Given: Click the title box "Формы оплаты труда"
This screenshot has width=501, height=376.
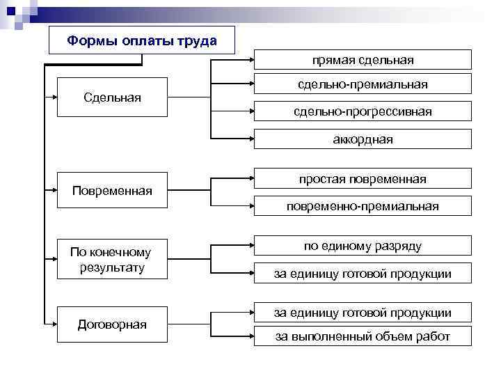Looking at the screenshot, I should click(x=142, y=40).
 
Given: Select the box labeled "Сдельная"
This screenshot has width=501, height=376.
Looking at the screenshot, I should click(x=112, y=97).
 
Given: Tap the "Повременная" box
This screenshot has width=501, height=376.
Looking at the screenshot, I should click(x=112, y=190).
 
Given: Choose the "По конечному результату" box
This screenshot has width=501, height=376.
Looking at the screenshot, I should click(x=112, y=259).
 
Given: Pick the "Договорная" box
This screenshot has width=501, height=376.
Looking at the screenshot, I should click(x=112, y=324).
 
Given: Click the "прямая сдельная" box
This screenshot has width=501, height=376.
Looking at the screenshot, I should click(x=363, y=60).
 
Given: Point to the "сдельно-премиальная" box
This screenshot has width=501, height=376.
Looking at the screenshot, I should click(x=363, y=84).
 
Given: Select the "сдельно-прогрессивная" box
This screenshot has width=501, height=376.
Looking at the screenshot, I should click(x=363, y=111).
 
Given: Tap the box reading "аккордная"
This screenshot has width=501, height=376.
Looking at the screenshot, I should click(x=363, y=139).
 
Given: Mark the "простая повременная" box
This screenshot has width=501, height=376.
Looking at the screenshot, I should click(x=363, y=180).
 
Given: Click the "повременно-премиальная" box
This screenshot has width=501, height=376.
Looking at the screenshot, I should click(x=363, y=206).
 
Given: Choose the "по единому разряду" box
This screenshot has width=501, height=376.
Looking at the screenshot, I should click(x=363, y=246).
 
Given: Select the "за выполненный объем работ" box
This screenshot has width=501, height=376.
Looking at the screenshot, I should click(x=363, y=337).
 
